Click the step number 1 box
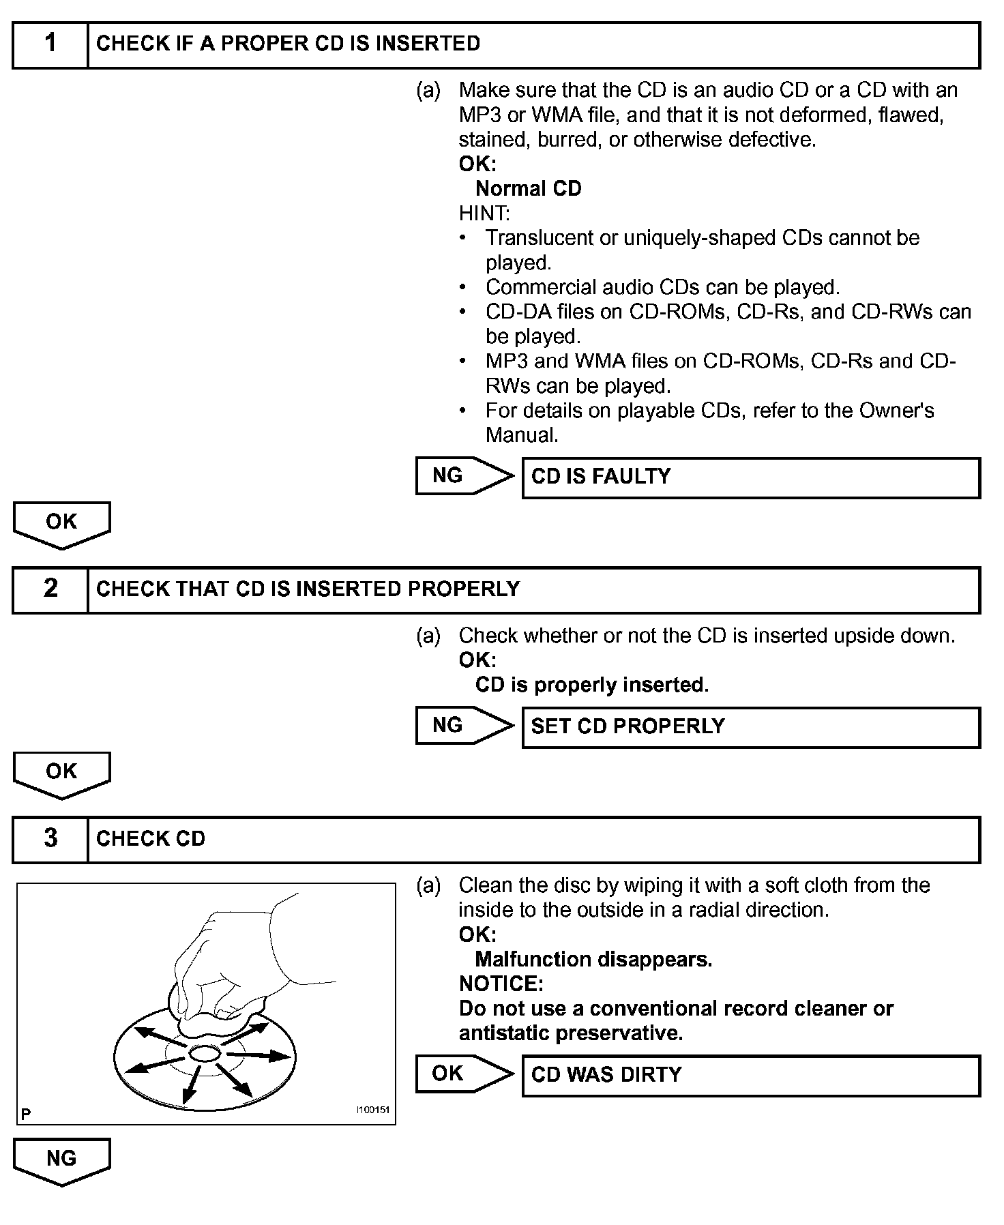(50, 44)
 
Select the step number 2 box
(50, 589)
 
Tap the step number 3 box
(50, 839)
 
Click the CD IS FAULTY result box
(750, 477)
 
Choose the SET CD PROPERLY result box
(750, 727)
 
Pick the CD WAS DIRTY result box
(750, 1076)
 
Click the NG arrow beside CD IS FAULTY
(464, 475)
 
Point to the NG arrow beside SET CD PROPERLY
(464, 725)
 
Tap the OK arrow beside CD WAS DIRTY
(464, 1074)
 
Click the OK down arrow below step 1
(61, 524)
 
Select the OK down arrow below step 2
(61, 773)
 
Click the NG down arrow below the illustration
(61, 1160)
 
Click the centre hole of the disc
(203, 1053)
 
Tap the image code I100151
(372, 1110)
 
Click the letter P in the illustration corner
(26, 1115)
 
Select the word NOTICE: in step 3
(501, 984)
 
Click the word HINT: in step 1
(484, 213)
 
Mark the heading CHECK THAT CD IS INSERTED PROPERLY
(308, 589)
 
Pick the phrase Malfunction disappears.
(593, 959)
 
